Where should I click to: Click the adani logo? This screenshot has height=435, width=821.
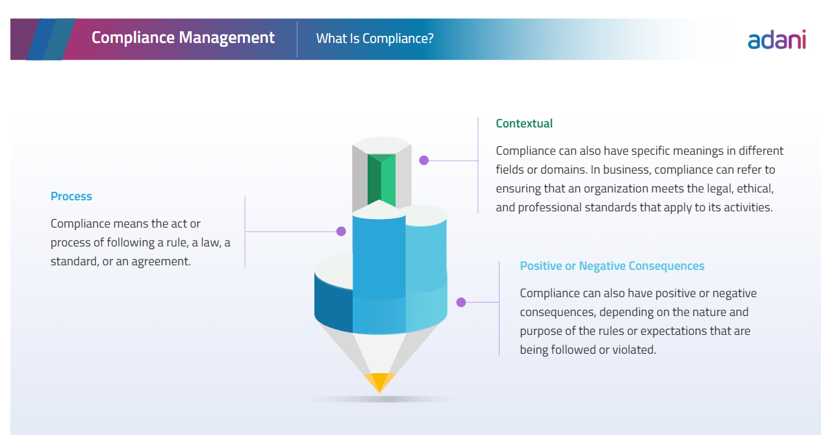[x=777, y=40]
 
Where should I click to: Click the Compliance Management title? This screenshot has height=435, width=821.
[x=183, y=38]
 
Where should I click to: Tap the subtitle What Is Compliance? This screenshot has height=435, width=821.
[x=375, y=38]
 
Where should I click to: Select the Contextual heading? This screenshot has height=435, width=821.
[x=524, y=124]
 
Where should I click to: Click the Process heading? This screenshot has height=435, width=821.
[x=71, y=196]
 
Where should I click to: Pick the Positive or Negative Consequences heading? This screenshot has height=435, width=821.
[x=612, y=266]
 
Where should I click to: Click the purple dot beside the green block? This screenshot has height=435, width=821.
[x=423, y=161]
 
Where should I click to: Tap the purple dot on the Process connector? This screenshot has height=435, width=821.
[x=341, y=231]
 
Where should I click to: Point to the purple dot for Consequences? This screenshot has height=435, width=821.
[x=461, y=302]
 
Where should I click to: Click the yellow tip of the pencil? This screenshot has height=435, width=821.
[x=379, y=382]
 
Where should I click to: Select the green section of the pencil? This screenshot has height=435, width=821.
[x=381, y=179]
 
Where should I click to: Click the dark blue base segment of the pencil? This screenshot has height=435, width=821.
[x=333, y=304]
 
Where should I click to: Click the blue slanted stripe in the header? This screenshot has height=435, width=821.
[x=41, y=39]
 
